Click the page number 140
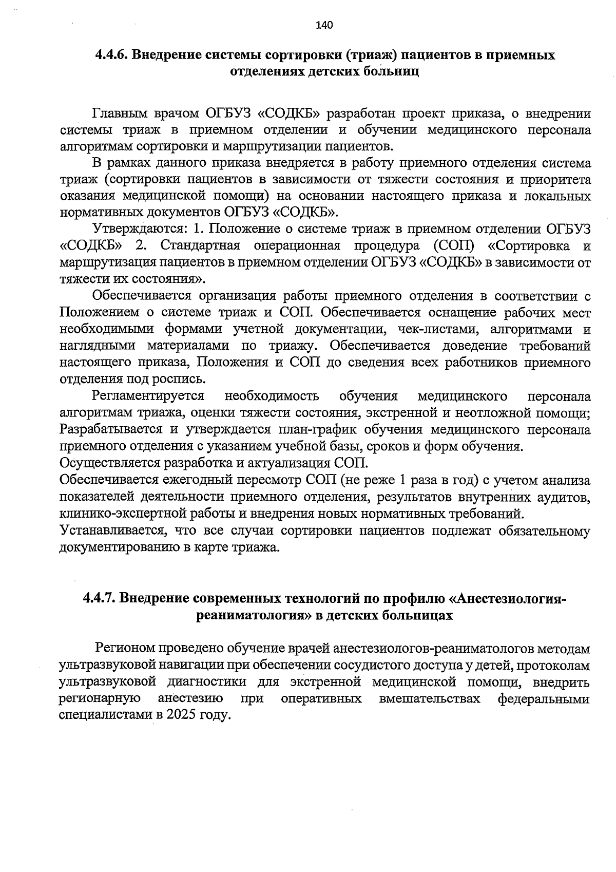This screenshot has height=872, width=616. click(x=325, y=25)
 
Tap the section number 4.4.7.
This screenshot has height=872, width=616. click(x=101, y=598)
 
